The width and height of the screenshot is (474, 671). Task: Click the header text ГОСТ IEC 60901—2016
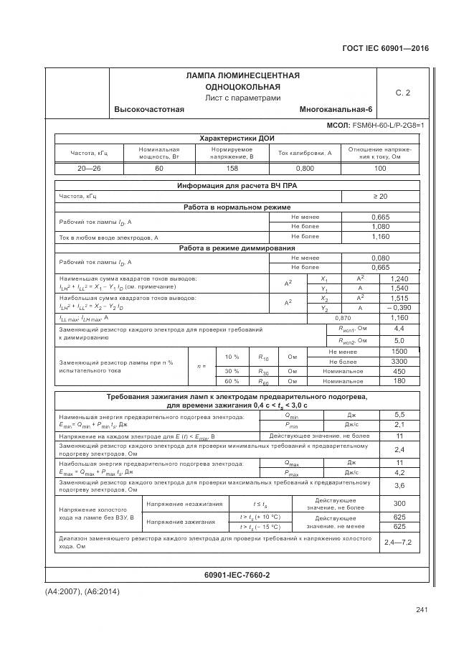[388, 49]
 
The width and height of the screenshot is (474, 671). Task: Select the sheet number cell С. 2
[402, 93]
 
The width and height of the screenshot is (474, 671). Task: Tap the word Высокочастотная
[148, 109]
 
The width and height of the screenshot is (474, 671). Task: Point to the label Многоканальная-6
[336, 109]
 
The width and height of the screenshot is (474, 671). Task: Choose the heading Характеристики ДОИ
[237, 138]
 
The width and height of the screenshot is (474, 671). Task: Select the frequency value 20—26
[89, 168]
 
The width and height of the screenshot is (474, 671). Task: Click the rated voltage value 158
[232, 168]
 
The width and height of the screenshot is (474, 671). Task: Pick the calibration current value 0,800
[305, 168]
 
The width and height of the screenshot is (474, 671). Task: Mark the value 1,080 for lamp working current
[379, 227]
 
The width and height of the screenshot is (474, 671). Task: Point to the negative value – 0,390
[399, 308]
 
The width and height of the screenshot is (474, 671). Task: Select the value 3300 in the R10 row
[399, 362]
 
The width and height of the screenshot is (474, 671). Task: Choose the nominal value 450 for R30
[399, 372]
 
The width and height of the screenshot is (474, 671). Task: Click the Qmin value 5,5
[399, 415]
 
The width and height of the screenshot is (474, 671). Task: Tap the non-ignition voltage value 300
[399, 523]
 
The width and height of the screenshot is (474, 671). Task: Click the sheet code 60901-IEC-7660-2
[237, 576]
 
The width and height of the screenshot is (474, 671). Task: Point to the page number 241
[421, 610]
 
